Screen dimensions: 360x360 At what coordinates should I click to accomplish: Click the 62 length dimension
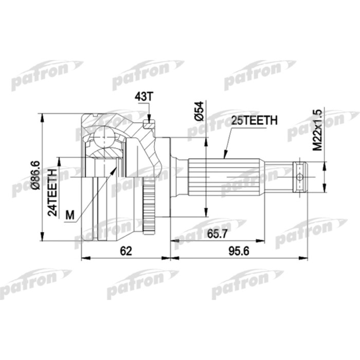click(x=125, y=251)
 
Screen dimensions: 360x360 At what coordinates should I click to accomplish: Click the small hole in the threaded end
click(x=299, y=176)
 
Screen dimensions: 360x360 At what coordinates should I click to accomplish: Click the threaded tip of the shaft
click(x=300, y=176)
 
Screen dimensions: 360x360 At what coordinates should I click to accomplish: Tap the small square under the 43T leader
click(x=149, y=124)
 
